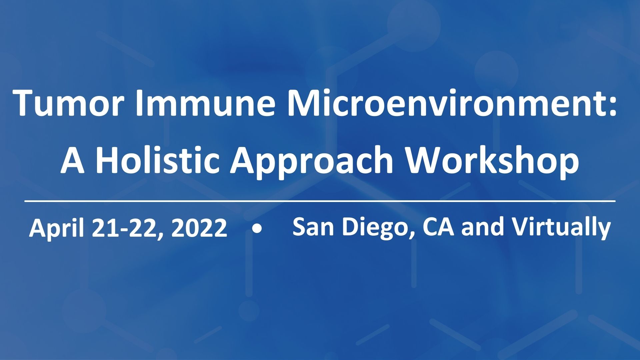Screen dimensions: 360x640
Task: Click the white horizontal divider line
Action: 320,201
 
